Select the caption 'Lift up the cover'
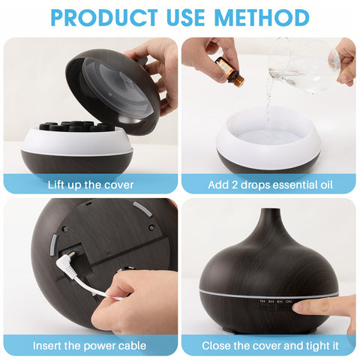tap(91, 184)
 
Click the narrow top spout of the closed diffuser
tap(268, 217)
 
